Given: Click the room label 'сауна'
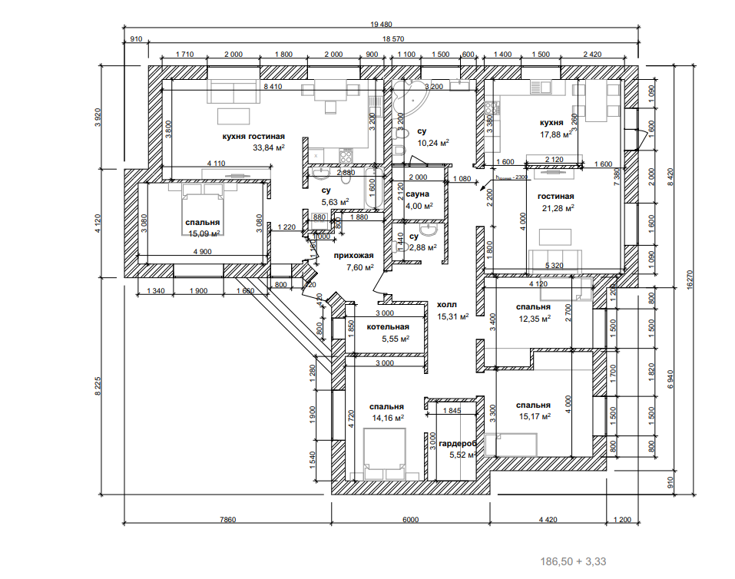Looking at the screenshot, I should (418, 194).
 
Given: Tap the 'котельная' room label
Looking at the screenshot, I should (388, 327).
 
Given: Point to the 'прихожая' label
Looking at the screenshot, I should (353, 256).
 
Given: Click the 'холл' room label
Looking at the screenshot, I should (448, 304).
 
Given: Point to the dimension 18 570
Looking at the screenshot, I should (393, 38).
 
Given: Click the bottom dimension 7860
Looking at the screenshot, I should (227, 520).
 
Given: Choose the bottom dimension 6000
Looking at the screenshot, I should (410, 520).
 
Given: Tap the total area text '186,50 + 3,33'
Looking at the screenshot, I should (574, 562).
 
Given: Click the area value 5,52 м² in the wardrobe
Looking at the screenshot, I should (463, 455).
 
